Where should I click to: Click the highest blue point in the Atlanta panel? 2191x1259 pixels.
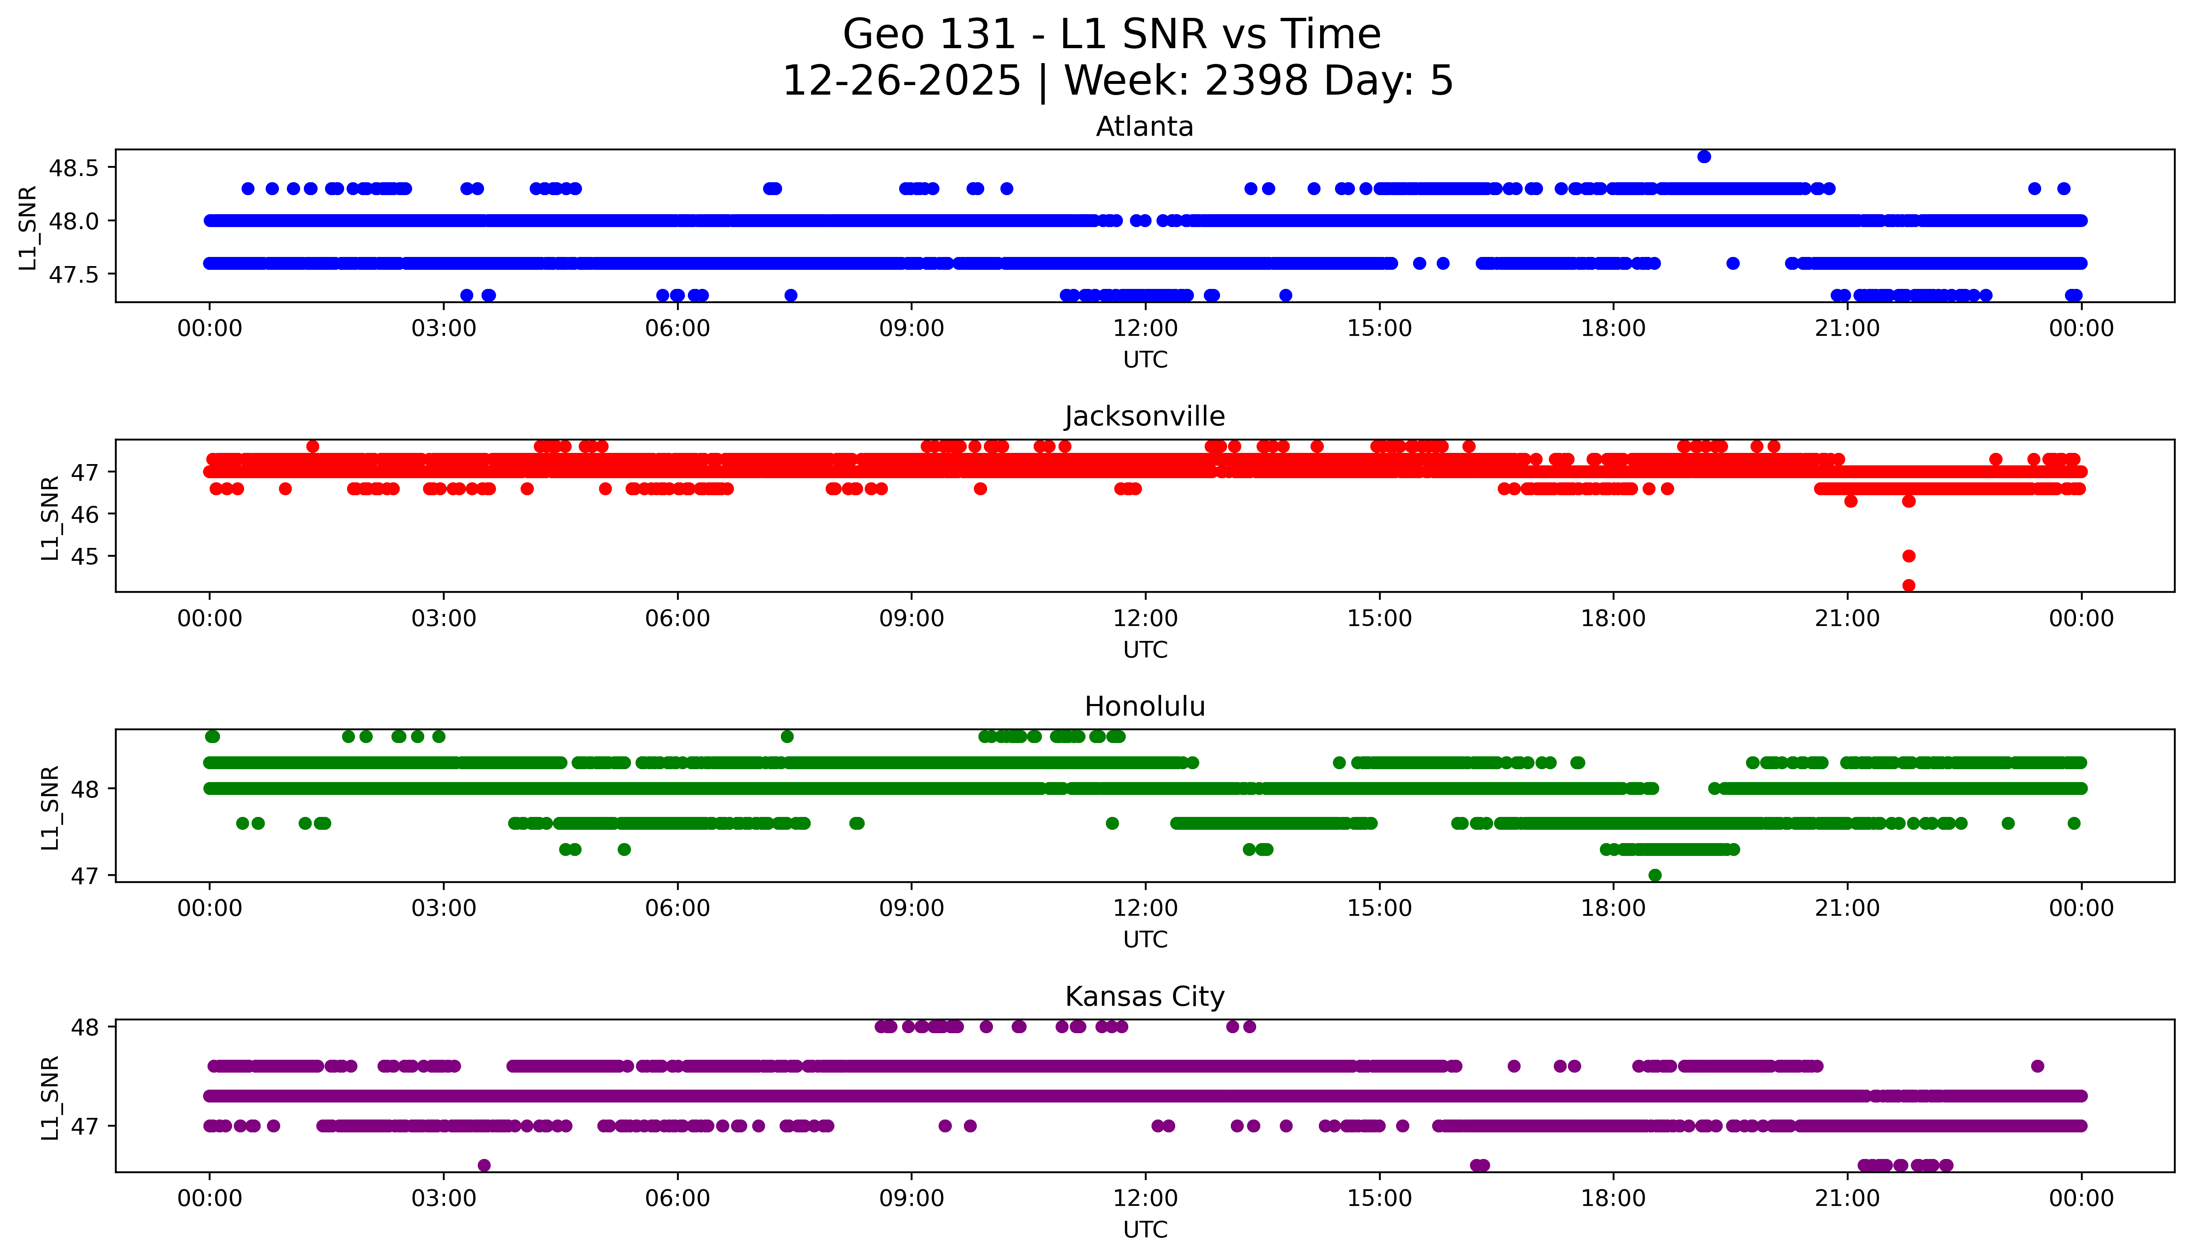click(1703, 156)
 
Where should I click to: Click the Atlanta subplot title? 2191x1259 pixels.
click(1145, 127)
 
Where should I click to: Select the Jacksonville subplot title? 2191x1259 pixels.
click(1145, 417)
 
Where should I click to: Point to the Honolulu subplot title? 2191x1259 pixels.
click(1145, 707)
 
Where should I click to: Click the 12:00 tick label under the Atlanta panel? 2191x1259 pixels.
click(1145, 329)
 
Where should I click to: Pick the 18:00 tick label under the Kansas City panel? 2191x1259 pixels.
click(1614, 1198)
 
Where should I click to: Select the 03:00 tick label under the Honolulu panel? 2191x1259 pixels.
click(444, 908)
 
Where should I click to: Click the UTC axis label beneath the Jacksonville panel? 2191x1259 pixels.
click(1145, 649)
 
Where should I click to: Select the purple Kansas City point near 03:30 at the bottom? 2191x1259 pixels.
click(484, 1165)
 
